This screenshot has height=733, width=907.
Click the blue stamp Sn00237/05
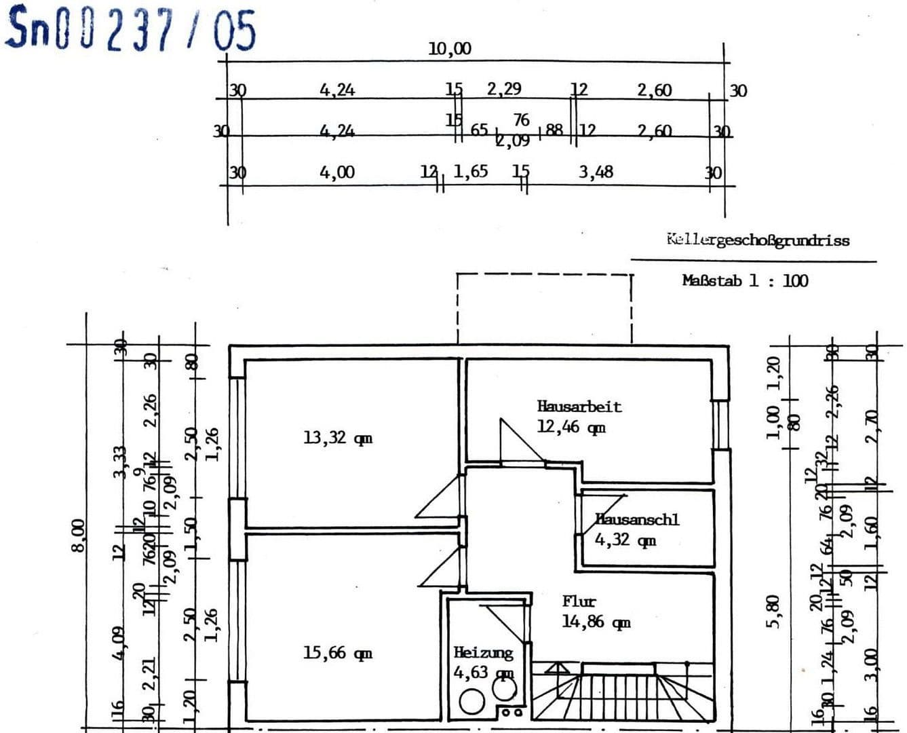(x=131, y=29)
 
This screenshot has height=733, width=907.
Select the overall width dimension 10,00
(x=450, y=49)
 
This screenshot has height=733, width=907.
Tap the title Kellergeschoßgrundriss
(x=757, y=240)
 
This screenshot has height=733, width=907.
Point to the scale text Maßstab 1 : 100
(x=745, y=280)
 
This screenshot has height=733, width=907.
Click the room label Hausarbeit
(x=579, y=407)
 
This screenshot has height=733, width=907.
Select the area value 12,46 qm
(x=571, y=428)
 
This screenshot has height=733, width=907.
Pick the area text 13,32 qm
(x=337, y=438)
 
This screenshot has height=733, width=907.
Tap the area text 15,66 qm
(x=337, y=653)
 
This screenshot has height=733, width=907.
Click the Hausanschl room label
(x=637, y=520)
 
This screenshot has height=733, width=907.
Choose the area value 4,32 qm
(x=625, y=540)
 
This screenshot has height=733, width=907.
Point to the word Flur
(x=579, y=601)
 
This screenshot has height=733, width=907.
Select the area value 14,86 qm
(x=596, y=622)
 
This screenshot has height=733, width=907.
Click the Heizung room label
(x=483, y=653)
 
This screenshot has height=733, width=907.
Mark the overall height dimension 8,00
(x=79, y=535)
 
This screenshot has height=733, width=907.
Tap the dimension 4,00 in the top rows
(x=337, y=172)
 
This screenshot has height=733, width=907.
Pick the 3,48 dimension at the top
(x=596, y=172)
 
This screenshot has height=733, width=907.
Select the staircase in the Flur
(x=623, y=692)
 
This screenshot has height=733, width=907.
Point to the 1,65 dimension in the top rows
(x=470, y=172)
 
